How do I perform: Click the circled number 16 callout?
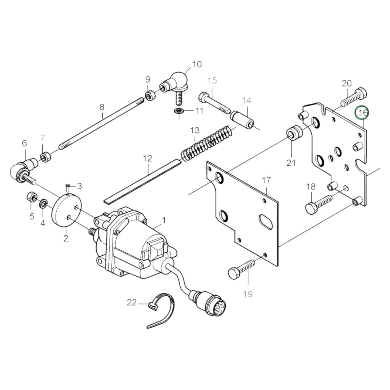coord(362,113)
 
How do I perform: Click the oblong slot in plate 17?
coord(266,222)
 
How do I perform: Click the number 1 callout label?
coord(164,221)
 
